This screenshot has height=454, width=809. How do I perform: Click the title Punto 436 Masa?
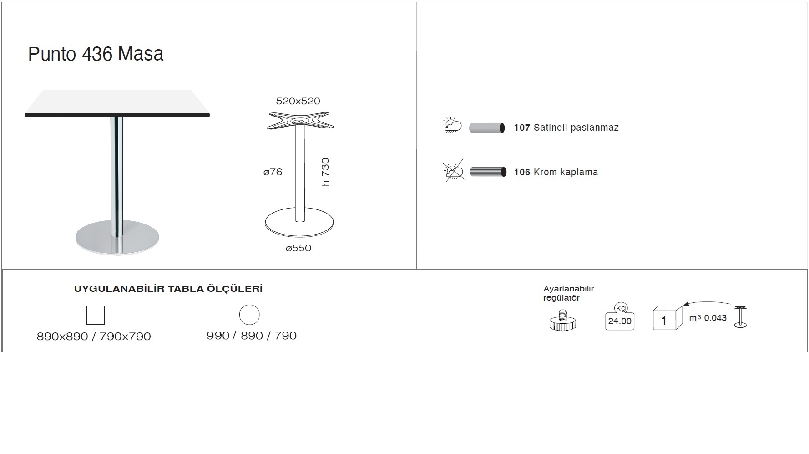pos(96,54)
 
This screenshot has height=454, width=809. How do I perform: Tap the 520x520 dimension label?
pos(298,101)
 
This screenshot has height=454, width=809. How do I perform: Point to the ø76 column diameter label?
pos(273,172)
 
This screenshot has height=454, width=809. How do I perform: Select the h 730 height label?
pos(325,172)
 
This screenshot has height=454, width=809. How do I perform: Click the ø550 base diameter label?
pos(298,248)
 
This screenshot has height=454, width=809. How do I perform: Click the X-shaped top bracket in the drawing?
pos(300,121)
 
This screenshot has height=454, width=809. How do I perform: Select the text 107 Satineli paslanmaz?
pos(566,128)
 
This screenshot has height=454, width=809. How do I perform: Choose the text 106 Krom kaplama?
pos(556,172)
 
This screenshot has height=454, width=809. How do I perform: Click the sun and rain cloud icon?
pos(452,125)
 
